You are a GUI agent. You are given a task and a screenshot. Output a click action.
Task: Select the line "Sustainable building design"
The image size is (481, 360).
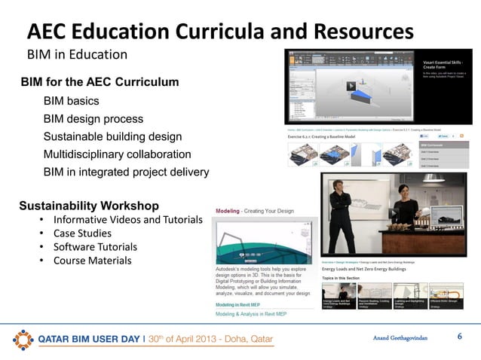point(112,136)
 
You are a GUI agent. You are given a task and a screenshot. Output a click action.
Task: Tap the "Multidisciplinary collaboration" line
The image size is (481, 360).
point(117,154)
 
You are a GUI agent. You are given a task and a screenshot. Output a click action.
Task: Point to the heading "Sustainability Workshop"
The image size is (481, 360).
point(89,205)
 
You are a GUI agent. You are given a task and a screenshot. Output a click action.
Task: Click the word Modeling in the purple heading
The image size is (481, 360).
point(228,212)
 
